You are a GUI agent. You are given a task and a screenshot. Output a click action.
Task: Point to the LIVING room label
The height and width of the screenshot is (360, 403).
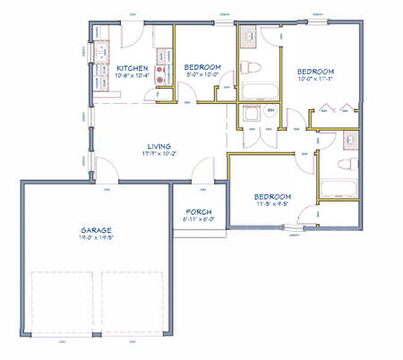159,145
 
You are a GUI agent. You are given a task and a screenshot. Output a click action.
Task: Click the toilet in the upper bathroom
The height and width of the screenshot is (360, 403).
251,68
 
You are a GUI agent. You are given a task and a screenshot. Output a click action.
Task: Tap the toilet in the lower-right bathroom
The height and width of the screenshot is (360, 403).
347,166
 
